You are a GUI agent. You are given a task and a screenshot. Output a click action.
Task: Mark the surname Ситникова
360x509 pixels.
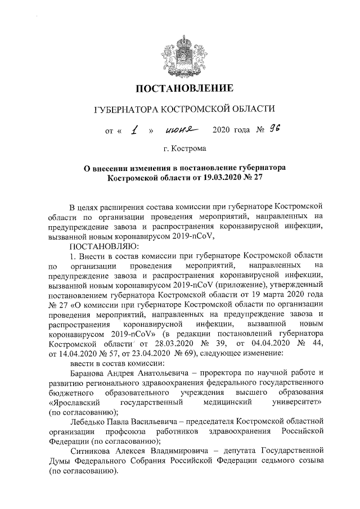pyautogui.click(x=92, y=451)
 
